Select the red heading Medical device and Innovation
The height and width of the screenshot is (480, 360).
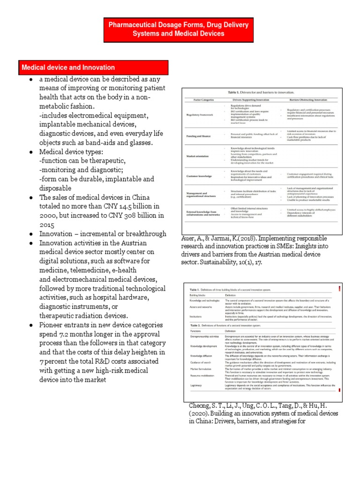pos(68,67)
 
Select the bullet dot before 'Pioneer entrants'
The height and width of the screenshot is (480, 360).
pos(30,325)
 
